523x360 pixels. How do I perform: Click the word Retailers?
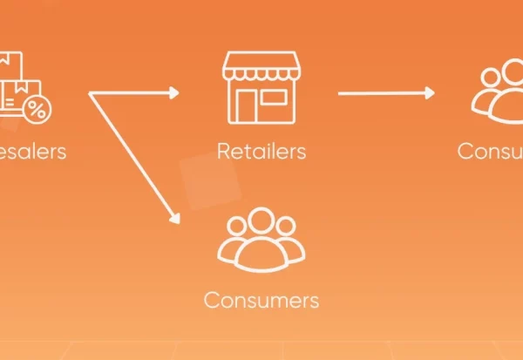click(261, 151)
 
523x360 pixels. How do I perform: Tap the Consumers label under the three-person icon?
click(261, 301)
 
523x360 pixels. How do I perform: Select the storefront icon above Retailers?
click(261, 86)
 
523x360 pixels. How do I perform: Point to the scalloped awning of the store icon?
click(261, 66)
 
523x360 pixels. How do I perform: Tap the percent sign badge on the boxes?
click(37, 109)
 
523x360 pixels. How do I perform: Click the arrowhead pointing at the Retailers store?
click(174, 92)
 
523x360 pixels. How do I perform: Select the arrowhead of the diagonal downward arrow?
click(174, 215)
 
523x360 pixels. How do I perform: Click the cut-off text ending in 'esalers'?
click(32, 151)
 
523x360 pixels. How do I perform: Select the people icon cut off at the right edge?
click(497, 92)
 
